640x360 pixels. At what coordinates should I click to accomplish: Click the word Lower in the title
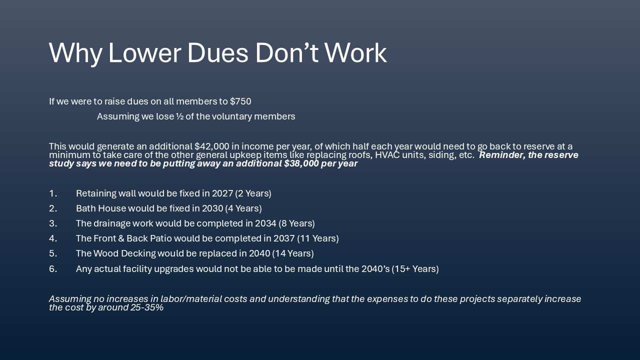coord(144,53)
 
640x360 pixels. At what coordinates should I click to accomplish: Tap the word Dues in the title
coord(217,53)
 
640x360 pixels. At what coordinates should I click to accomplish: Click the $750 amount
coord(240,101)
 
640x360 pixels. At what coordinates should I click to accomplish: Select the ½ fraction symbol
coord(179,116)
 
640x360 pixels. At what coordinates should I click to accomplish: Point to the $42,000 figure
coord(211,146)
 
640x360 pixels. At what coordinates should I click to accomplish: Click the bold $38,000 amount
coord(301,163)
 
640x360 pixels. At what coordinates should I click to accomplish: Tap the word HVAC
coord(387,155)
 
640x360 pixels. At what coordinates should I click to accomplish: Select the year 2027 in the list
coord(222,193)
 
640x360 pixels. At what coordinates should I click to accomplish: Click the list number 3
coord(52,223)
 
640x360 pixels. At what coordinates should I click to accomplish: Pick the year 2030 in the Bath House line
coord(212,208)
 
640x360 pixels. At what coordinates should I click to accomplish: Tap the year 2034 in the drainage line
coord(265,223)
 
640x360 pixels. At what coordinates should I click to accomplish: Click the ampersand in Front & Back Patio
coord(121,238)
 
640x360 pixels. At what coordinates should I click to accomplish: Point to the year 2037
coord(284,238)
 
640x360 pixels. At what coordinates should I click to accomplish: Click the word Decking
coord(138,253)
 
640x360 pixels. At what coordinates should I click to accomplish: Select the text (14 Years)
coord(293,253)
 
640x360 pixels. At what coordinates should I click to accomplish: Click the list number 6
coord(52,269)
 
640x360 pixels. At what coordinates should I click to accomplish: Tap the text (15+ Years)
coord(415,269)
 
